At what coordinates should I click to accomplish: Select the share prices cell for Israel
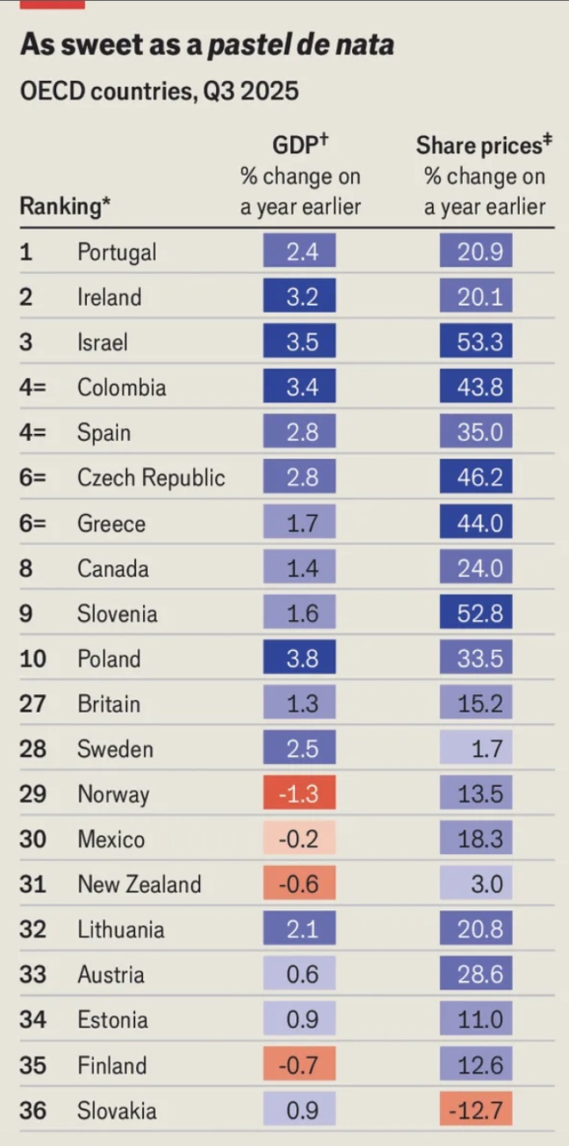475,343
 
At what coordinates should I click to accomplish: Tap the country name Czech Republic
151,478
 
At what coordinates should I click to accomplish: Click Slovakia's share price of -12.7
475,1110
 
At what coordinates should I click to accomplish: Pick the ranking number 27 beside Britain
32,703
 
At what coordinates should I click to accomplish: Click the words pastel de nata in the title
300,45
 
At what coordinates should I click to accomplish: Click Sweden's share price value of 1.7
475,749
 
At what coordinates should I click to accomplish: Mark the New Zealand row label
139,884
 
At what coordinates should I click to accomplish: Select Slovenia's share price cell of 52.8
475,614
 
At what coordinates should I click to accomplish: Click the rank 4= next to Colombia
33,387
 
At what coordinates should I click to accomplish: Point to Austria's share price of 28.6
475,975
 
